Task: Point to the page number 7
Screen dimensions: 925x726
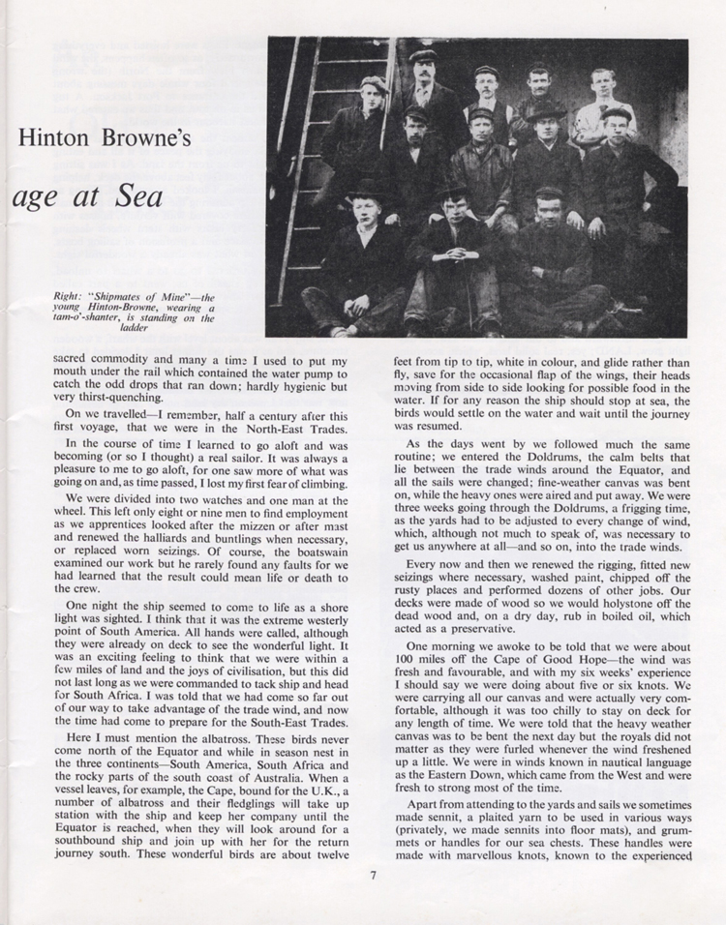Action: click(x=372, y=877)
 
